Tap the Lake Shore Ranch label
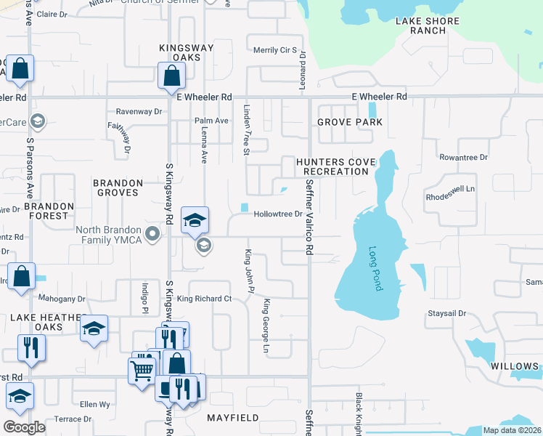click(x=427, y=26)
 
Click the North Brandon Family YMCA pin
click(x=152, y=234)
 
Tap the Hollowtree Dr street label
click(x=277, y=214)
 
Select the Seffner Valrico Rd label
click(x=309, y=217)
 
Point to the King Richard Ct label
click(x=204, y=299)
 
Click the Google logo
click(x=24, y=427)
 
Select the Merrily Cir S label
click(x=274, y=50)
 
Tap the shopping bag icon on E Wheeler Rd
click(x=172, y=75)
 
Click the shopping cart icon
click(x=142, y=370)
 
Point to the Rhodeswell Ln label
click(x=449, y=189)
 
